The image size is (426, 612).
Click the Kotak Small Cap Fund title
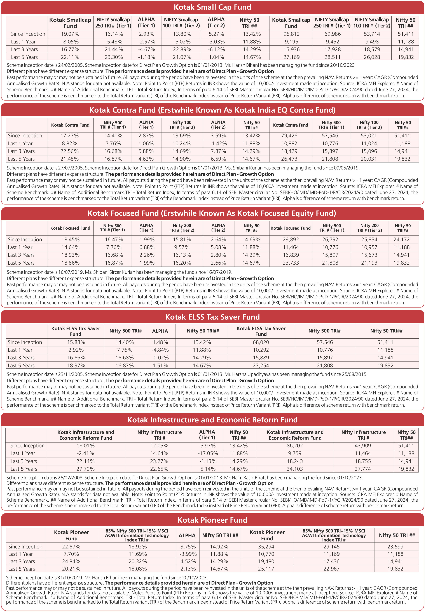212,7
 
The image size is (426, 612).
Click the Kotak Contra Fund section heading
212,110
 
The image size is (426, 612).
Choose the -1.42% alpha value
218,144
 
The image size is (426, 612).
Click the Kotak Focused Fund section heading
212,213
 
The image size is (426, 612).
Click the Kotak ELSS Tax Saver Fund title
212,317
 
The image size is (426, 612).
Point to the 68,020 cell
261,342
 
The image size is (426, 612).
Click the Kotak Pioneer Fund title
212,520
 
